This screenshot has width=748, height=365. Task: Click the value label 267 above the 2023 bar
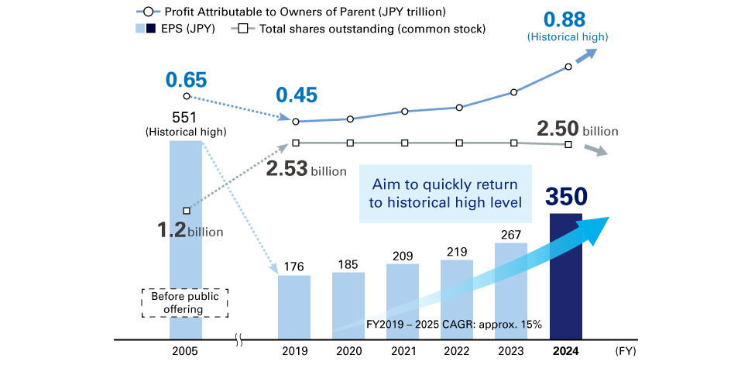511,234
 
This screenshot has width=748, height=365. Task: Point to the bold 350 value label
567,197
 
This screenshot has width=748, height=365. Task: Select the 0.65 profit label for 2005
186,78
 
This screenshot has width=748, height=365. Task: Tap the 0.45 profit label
297,95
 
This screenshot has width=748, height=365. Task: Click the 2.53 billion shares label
306,169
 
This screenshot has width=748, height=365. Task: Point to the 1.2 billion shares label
190,230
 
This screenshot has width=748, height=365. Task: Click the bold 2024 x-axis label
567,351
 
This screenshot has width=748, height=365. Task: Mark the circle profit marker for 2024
569,67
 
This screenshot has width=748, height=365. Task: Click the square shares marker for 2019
296,143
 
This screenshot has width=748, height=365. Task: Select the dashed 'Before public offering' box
185,302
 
